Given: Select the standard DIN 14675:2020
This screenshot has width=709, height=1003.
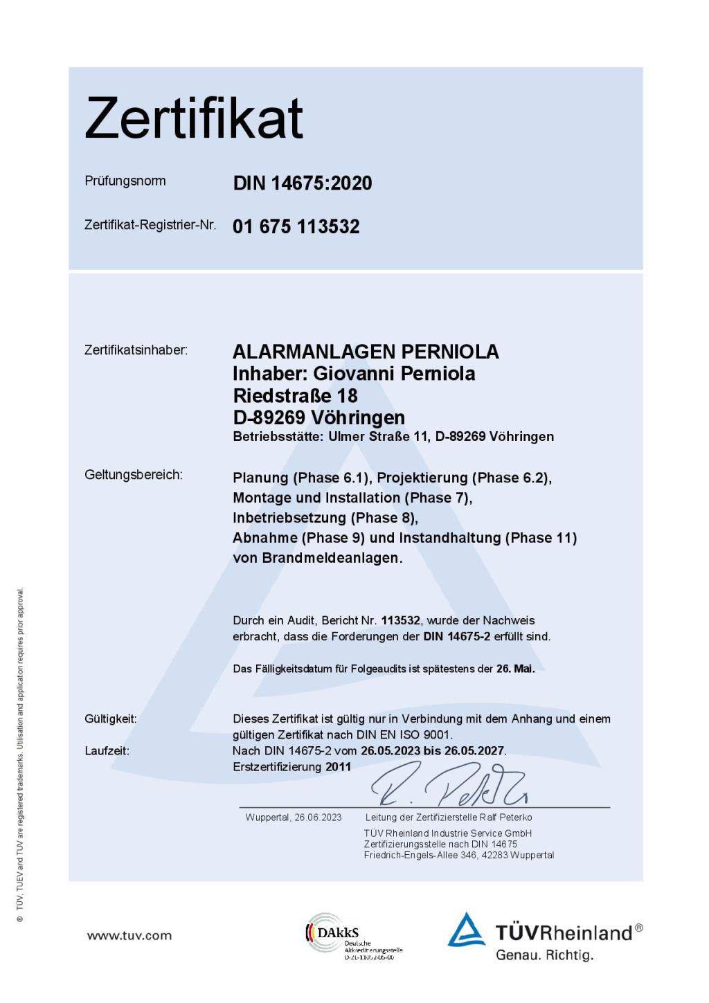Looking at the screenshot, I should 303,183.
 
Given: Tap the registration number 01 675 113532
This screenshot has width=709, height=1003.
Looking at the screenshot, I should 296,226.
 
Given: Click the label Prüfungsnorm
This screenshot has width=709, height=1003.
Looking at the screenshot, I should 125,181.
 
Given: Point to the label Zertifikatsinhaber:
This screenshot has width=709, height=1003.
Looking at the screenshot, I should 136,350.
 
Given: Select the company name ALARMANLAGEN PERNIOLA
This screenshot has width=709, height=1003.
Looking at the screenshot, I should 366,352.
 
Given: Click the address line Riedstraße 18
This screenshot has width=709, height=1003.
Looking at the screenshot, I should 295,396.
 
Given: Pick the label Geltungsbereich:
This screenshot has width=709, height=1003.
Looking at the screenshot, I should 134,475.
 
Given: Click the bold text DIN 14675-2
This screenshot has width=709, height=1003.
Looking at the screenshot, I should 457,636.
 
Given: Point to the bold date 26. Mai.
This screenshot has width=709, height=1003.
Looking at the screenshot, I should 515,669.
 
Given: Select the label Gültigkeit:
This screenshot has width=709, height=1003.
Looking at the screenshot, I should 111,719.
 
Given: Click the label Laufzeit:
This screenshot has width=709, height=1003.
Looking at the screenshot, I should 107,751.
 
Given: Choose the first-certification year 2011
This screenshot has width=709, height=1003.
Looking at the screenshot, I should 339,767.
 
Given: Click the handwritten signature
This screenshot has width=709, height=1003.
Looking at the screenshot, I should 450,786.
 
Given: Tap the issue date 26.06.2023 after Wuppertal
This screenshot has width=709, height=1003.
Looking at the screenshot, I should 318,817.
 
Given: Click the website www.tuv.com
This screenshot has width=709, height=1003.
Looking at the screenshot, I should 129,936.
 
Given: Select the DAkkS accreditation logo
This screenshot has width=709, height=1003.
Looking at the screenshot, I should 353,936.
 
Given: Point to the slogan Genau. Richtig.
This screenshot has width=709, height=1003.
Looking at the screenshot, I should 545,956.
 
